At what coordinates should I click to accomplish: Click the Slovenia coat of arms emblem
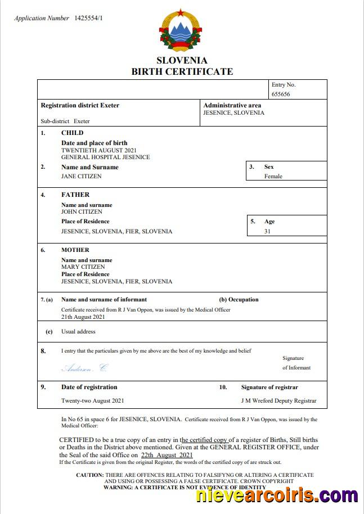click(x=181, y=30)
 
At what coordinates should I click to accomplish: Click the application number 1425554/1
click(x=89, y=18)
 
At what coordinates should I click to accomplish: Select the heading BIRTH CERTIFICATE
click(x=182, y=71)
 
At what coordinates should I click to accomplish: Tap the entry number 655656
click(x=281, y=94)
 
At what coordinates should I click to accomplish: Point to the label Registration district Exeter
click(x=80, y=105)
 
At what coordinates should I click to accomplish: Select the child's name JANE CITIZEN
click(x=82, y=176)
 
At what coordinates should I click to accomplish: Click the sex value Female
click(x=273, y=176)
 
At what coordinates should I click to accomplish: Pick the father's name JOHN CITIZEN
click(x=82, y=212)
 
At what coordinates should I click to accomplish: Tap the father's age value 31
click(x=267, y=231)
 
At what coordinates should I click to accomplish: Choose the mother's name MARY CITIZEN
click(x=83, y=267)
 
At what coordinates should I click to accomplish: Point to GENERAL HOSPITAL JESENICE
click(x=105, y=157)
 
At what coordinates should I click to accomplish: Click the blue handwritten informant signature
click(x=84, y=368)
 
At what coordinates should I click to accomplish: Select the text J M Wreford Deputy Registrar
click(x=278, y=401)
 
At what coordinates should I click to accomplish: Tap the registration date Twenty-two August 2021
click(x=92, y=401)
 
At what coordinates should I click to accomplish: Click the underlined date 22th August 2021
click(x=167, y=455)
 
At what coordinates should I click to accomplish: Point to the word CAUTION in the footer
click(x=89, y=475)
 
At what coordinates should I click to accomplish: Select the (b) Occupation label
click(x=239, y=300)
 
